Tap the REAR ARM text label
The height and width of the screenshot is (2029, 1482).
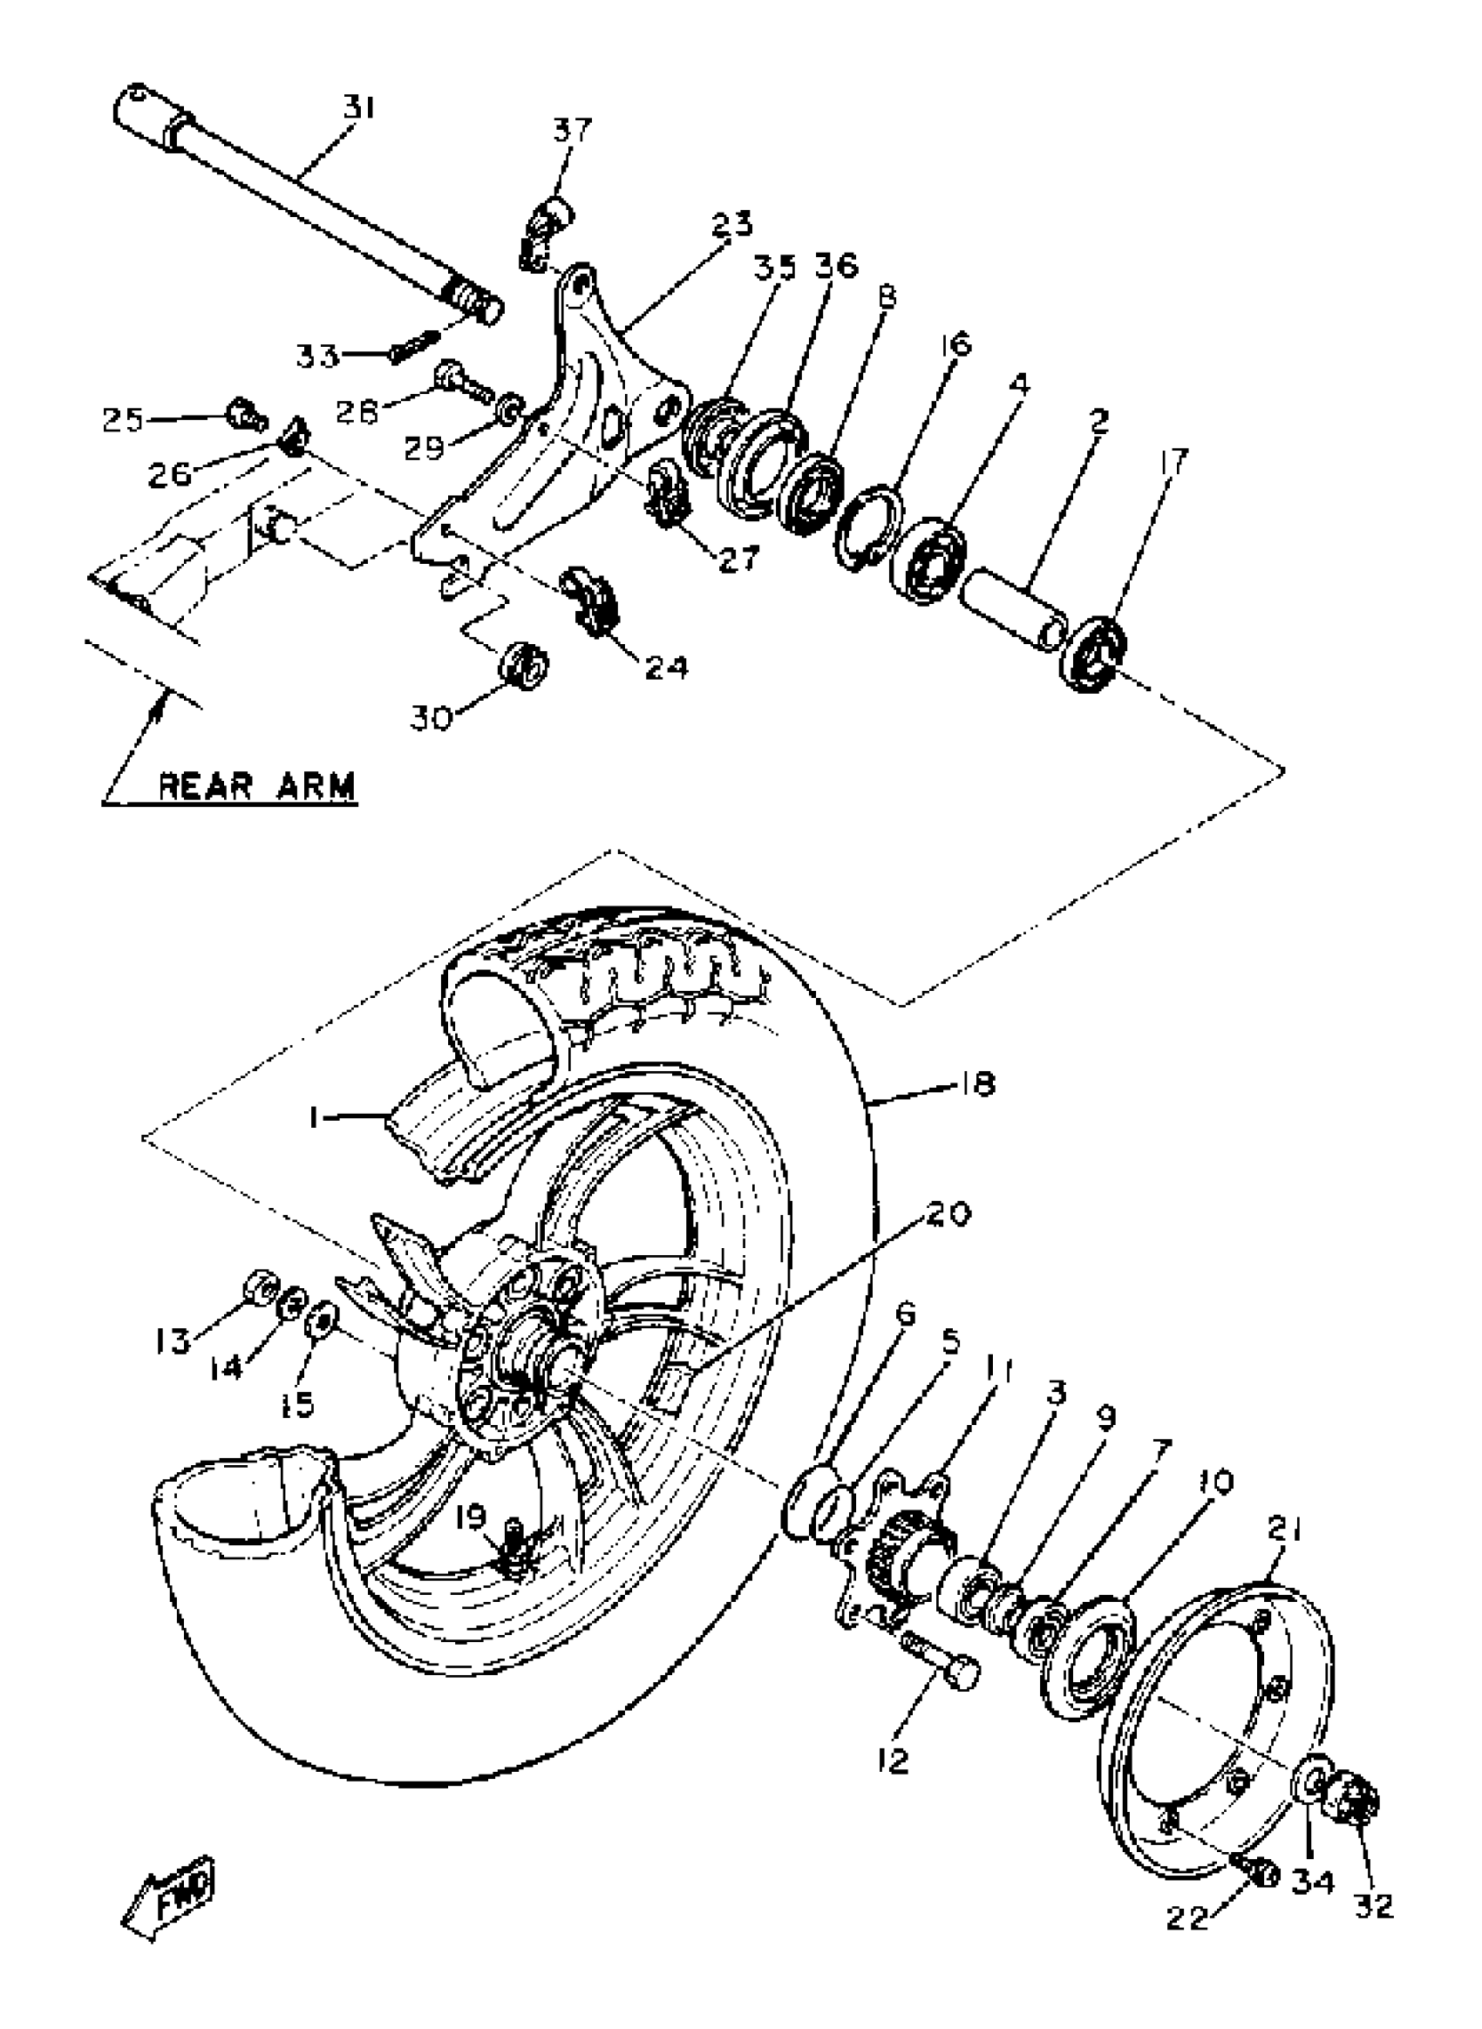(256, 786)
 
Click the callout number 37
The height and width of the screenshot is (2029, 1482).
(572, 131)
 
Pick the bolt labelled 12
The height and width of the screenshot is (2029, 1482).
(944, 1666)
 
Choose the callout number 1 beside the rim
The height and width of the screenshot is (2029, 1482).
(314, 1116)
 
